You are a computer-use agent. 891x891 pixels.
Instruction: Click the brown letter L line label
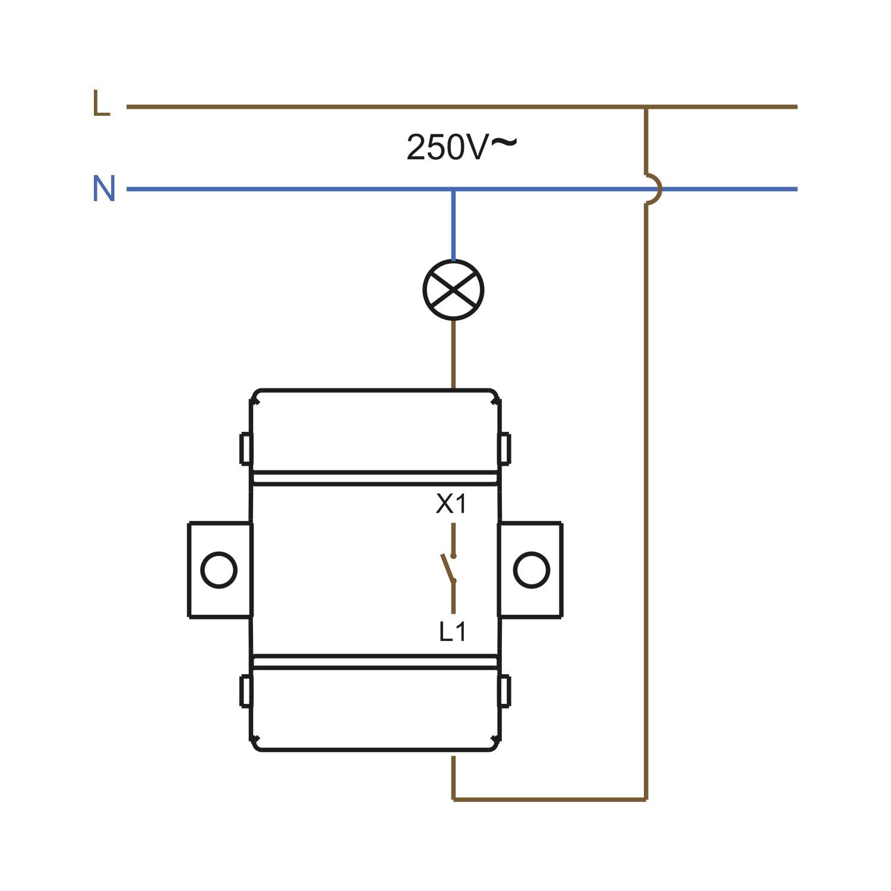click(x=102, y=103)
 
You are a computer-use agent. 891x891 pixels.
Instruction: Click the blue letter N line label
click(x=104, y=188)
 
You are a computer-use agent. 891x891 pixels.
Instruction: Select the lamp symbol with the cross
click(x=453, y=290)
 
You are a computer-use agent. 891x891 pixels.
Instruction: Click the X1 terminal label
click(x=452, y=504)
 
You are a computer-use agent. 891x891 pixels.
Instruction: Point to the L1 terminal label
click(x=453, y=632)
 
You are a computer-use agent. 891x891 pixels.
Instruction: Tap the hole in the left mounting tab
click(x=219, y=570)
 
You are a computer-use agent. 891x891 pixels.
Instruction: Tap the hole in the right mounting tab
click(x=532, y=570)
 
